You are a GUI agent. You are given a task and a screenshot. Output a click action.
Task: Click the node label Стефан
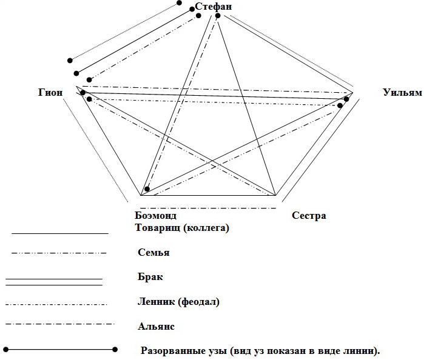[214, 6]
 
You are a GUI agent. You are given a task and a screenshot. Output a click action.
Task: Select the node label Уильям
[402, 92]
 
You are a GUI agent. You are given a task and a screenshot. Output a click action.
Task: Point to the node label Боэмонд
[156, 216]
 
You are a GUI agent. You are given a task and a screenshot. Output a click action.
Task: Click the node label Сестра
[309, 216]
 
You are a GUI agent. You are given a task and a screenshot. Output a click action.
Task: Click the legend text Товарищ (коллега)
[182, 228]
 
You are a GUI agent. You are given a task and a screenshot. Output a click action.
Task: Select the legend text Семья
[153, 253]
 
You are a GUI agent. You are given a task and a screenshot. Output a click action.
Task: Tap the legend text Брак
[150, 277]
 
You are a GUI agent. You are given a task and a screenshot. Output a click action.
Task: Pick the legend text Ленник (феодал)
[178, 301]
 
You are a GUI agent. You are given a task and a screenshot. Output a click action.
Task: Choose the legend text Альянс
[156, 326]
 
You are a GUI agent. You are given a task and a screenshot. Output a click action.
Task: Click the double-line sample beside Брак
[53, 281]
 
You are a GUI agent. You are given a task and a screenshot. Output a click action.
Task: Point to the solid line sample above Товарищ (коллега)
[59, 233]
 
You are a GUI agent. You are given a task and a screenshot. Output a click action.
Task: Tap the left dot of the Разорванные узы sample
[6, 349]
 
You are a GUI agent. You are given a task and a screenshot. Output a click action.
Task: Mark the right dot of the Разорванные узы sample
[115, 349]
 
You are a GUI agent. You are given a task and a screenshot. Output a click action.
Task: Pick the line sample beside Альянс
[59, 325]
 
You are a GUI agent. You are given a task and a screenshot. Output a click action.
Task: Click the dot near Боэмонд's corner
[147, 189]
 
